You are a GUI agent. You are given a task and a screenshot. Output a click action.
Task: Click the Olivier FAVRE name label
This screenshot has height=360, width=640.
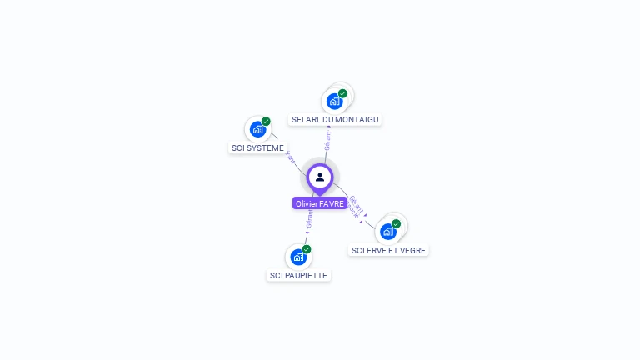click(320, 203)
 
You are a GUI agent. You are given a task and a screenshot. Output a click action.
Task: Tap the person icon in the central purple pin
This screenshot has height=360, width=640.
click(320, 177)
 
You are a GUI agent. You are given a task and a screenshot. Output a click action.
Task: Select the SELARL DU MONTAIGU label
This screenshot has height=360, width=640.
click(335, 120)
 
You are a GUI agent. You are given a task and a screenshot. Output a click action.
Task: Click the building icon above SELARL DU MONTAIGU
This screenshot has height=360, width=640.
click(334, 102)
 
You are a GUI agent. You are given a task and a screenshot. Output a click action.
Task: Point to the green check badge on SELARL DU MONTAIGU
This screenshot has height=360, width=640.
click(342, 93)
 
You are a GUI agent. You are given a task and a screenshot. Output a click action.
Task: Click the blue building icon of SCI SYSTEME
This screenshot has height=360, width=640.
click(257, 129)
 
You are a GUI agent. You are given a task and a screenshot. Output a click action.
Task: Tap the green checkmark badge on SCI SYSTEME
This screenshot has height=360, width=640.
click(266, 122)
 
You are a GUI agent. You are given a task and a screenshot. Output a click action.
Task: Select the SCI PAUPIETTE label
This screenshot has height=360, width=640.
click(298, 275)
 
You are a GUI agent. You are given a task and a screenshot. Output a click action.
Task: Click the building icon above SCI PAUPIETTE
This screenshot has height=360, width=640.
click(298, 257)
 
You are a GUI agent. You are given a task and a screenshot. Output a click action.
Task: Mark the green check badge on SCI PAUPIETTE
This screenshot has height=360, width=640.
click(307, 249)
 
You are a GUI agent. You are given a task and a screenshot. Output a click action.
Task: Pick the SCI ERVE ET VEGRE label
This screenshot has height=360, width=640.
click(388, 250)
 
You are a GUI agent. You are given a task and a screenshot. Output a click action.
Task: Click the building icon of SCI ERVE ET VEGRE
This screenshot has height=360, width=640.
click(387, 232)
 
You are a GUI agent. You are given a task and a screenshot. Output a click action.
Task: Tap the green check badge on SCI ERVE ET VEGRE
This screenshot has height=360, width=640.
click(397, 223)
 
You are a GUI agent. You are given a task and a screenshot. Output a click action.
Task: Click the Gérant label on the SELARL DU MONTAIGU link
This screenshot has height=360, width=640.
click(328, 139)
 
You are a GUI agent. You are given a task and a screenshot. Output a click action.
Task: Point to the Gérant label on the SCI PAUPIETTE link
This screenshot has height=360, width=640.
click(309, 218)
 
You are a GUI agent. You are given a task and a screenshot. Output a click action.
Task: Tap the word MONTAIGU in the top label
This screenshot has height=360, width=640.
click(357, 120)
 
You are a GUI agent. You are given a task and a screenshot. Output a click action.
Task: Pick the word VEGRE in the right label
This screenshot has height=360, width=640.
click(412, 250)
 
